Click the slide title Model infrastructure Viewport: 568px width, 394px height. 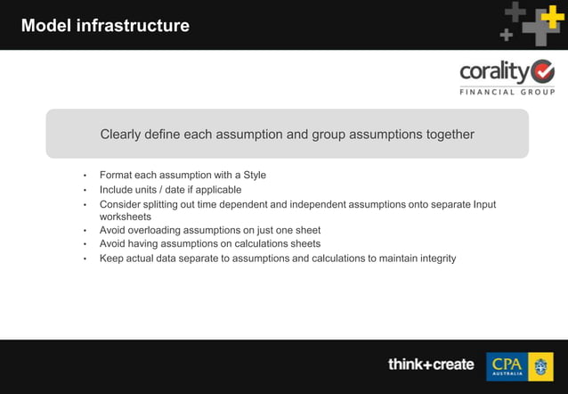point(105,26)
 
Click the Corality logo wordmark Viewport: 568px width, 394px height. point(493,71)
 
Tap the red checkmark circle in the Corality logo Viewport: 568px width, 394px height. point(541,71)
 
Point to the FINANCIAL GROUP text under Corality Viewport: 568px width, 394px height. point(507,92)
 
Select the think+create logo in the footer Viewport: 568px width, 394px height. point(431,365)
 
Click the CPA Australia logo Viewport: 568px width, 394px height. point(519,365)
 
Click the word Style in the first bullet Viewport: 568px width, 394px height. point(254,175)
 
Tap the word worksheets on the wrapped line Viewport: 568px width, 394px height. point(125,217)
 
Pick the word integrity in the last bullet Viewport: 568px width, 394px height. point(434,259)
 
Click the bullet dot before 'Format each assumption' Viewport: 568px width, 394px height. point(85,176)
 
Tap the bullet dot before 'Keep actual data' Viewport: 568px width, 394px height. point(85,259)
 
